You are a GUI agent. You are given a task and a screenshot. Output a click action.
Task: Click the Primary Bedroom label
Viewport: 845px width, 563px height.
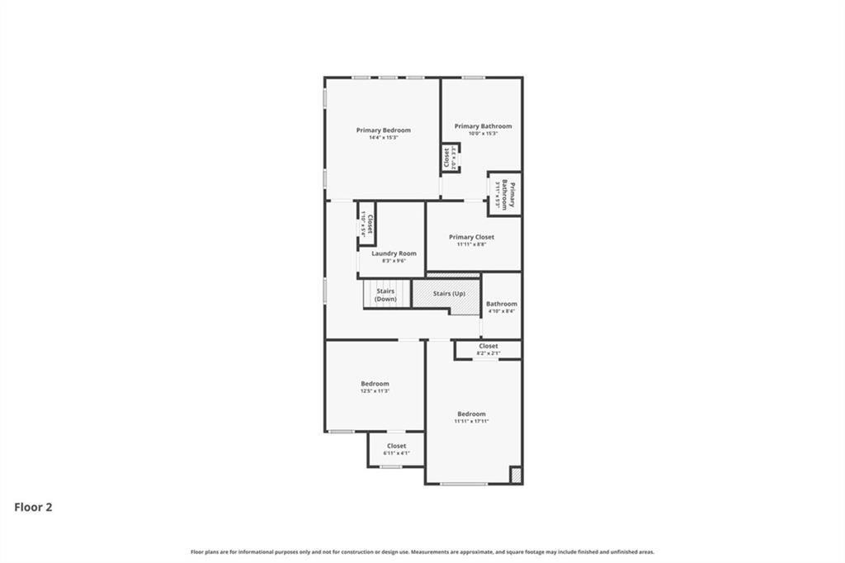tap(383, 130)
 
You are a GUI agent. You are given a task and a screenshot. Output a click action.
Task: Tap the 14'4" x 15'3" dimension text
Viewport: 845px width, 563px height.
tap(383, 138)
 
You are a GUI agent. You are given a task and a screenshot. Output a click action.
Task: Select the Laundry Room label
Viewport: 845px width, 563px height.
tap(394, 253)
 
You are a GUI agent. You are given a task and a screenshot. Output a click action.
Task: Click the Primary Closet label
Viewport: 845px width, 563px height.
tap(472, 237)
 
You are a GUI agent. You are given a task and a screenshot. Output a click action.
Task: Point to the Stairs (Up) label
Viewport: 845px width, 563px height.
tap(449, 294)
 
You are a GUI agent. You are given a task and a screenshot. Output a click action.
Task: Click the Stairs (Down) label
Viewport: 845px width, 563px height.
tap(385, 295)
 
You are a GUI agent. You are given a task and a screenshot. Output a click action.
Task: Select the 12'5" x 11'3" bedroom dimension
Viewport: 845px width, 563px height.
tap(375, 391)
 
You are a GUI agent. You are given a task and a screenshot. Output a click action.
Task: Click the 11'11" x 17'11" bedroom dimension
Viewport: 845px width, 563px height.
tap(471, 421)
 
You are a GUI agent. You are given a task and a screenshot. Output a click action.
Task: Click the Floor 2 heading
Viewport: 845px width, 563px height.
tap(33, 508)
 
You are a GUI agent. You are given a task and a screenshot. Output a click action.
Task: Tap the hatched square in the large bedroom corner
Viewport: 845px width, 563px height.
tap(515, 475)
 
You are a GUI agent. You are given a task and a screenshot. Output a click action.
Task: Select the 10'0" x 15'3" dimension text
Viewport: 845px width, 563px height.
tap(483, 134)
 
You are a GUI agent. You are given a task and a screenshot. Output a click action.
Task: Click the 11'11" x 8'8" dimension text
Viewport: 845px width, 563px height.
tap(472, 244)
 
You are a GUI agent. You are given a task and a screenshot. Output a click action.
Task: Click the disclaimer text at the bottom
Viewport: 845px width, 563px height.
tap(422, 551)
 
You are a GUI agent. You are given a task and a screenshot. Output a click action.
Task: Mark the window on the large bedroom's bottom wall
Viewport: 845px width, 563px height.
tap(463, 484)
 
